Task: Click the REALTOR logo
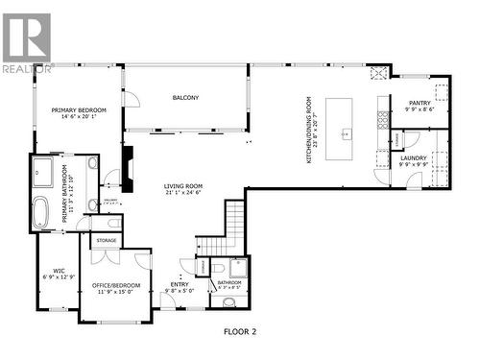(26, 43)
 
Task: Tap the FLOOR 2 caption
(240, 331)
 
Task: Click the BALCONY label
(185, 98)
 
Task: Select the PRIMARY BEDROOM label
(79, 110)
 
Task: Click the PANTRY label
(420, 103)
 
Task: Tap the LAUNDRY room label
(414, 157)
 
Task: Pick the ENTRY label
(180, 284)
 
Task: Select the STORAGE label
(107, 240)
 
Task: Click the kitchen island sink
(349, 133)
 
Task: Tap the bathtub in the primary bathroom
(41, 212)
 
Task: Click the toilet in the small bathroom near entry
(229, 302)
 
